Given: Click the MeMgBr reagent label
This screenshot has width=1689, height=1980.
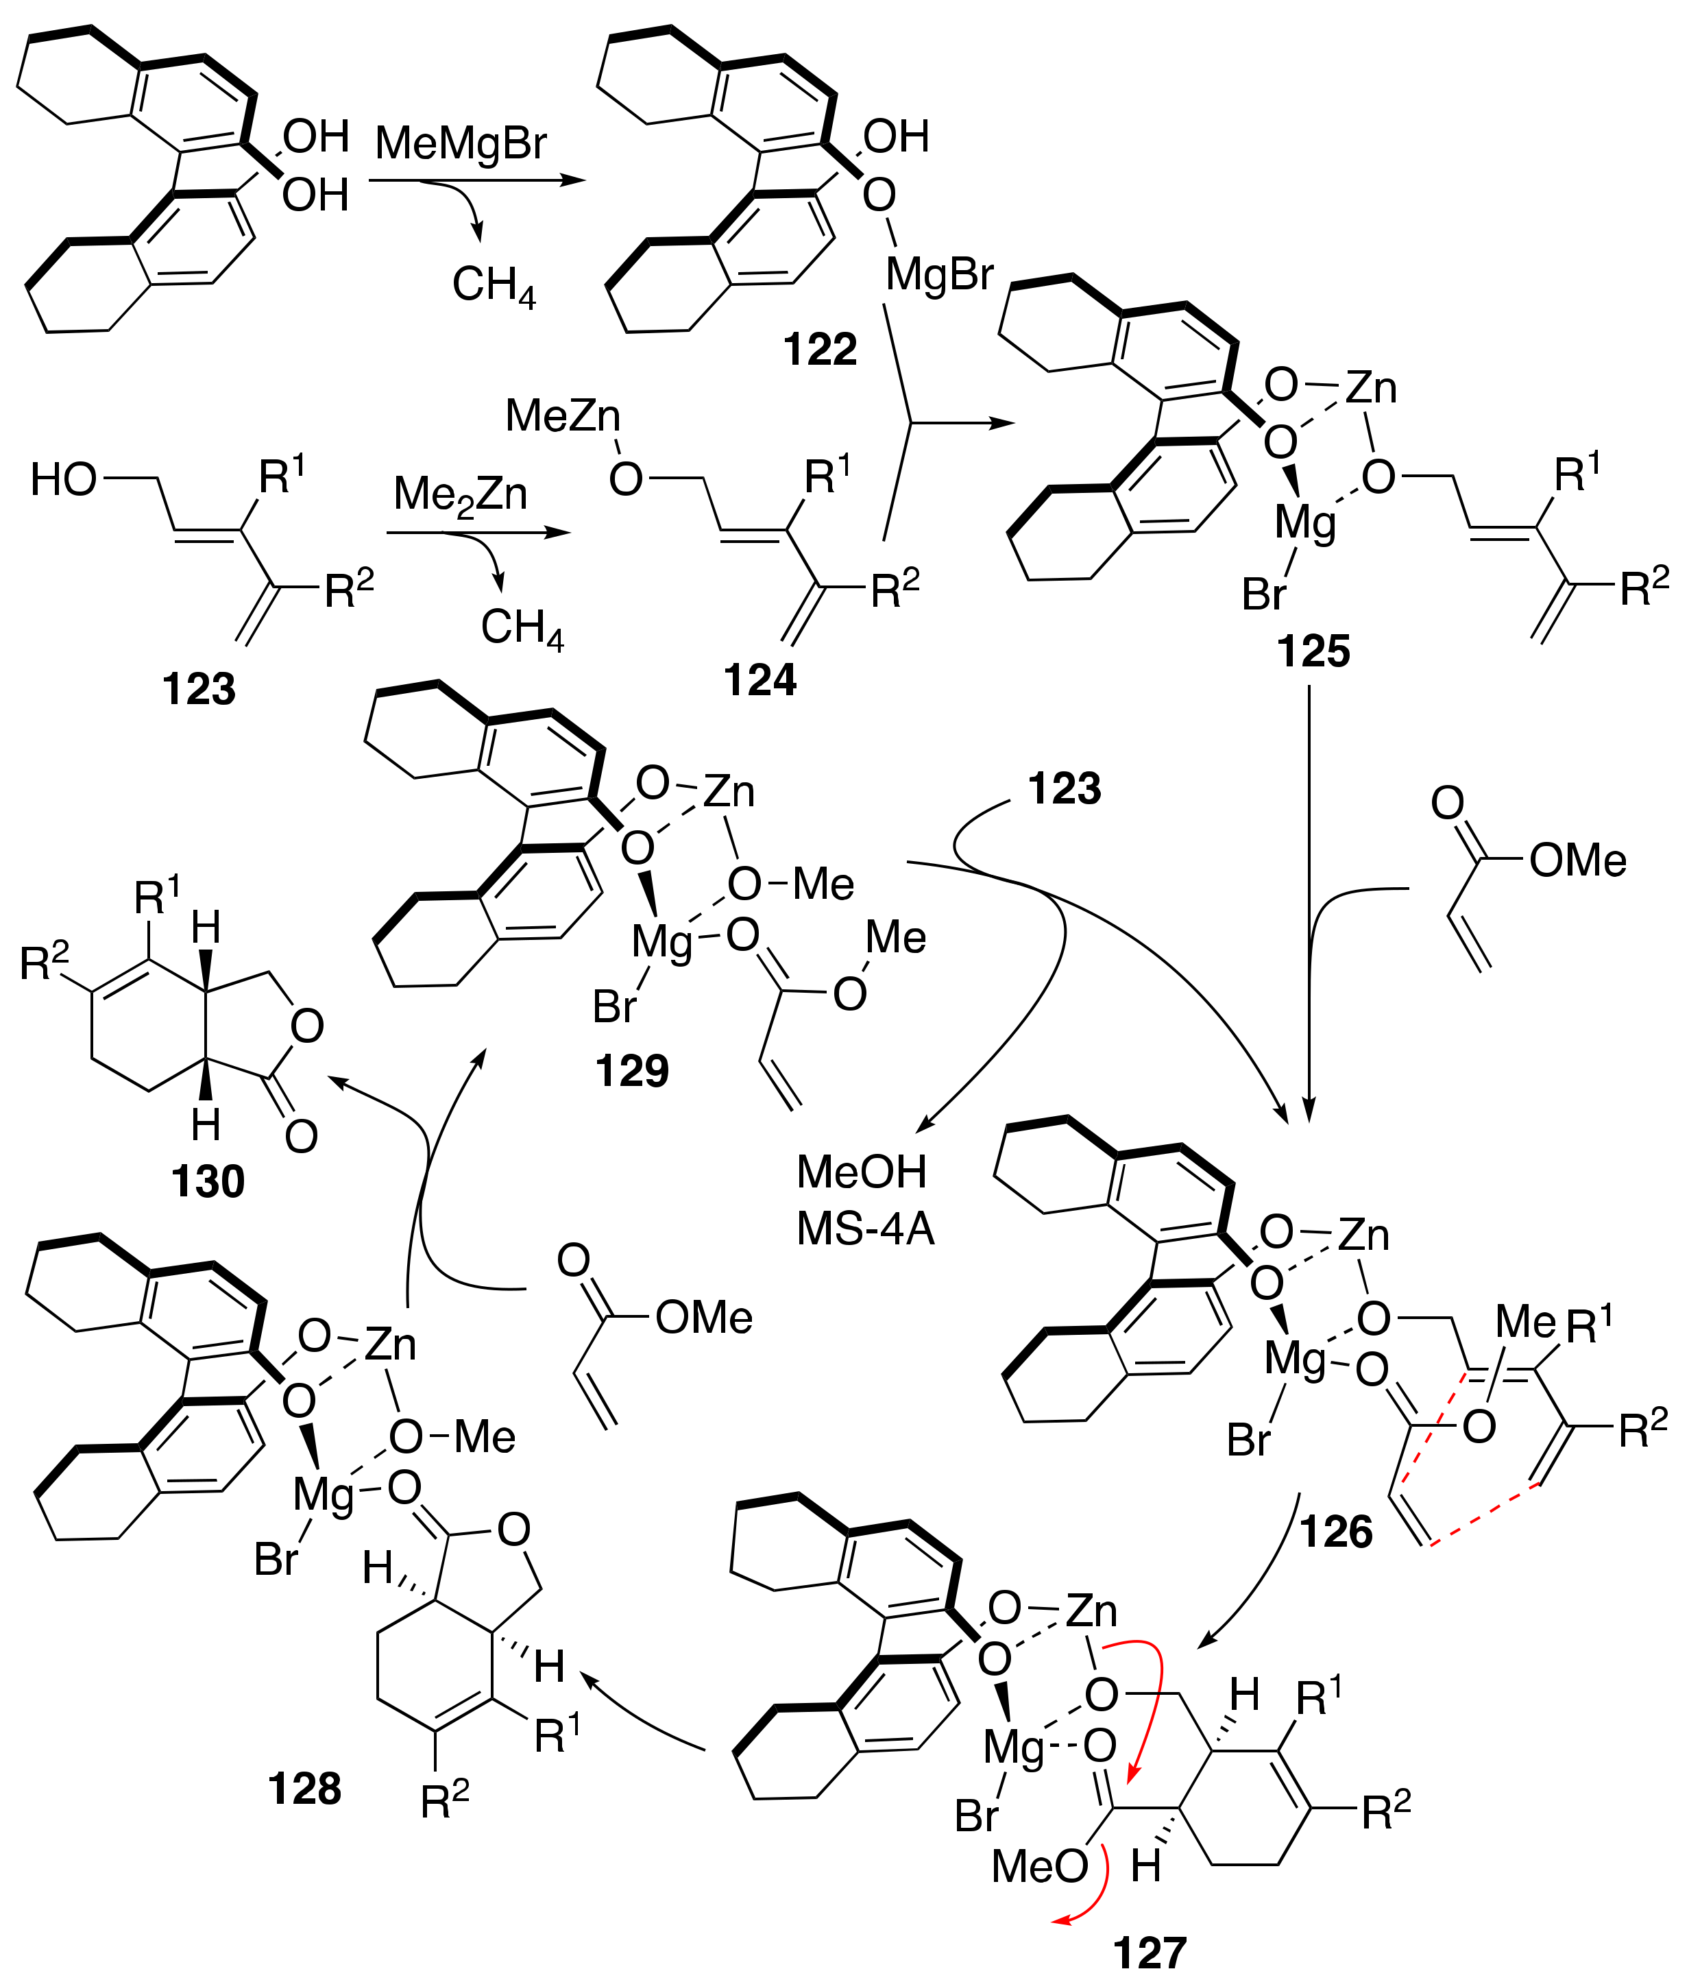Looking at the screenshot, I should point(461,143).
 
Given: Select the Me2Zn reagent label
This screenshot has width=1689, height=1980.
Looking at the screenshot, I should point(461,495).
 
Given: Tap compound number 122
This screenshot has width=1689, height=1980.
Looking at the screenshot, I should point(820,350).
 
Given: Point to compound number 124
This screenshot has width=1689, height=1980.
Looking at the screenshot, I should point(760,680).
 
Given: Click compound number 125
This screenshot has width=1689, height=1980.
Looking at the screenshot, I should point(1313,652).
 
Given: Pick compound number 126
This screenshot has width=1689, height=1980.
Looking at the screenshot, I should point(1335,1532).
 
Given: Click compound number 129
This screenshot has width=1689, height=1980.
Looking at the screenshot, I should point(631,1071).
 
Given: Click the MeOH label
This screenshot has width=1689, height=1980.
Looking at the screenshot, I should point(862,1172).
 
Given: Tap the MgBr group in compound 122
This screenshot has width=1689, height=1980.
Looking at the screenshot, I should point(939,275).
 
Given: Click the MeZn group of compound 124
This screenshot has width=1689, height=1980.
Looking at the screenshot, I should point(563,415).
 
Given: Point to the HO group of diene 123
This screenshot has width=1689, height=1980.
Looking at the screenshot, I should point(63,481).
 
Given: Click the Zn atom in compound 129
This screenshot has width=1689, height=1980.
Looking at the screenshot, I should point(729,792).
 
